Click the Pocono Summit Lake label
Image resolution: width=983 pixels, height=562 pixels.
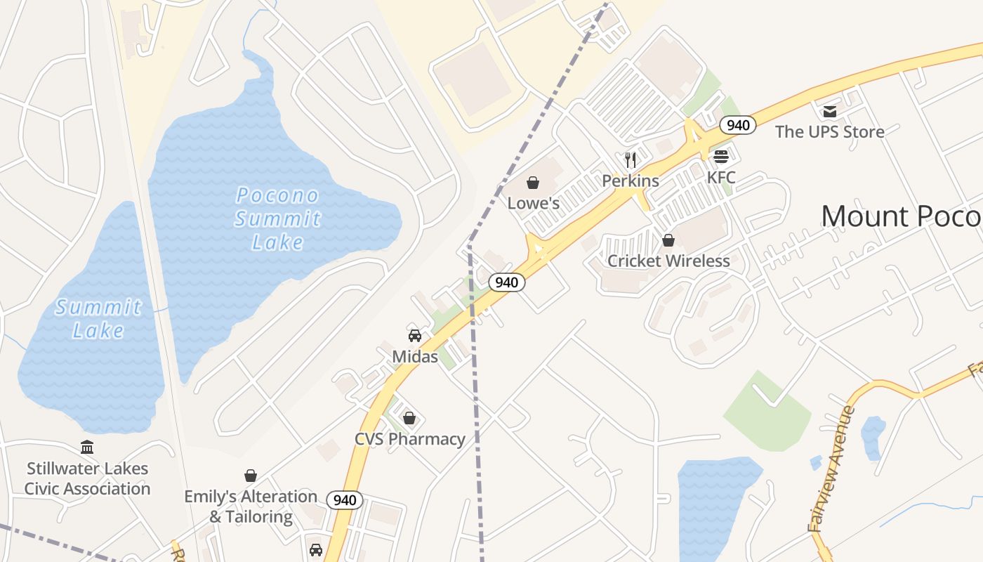(277, 218)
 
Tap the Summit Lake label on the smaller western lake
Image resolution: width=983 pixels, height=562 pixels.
(98, 318)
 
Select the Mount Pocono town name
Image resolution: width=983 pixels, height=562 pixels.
(902, 216)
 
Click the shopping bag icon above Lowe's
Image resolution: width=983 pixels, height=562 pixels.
(533, 183)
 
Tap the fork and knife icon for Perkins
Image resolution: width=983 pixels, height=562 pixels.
(631, 160)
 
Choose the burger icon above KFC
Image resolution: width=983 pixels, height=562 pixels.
(721, 156)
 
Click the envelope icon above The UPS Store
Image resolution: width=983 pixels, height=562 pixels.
(830, 111)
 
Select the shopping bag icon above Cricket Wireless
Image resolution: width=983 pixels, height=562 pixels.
(668, 240)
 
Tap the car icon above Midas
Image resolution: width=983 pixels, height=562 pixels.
(415, 335)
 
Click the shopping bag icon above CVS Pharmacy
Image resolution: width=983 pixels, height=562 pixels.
(409, 418)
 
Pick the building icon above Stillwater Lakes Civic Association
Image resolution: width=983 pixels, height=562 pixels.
(87, 447)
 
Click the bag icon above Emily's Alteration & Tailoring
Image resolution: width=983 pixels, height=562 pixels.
(251, 476)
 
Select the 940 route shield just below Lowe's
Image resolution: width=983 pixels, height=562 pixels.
(506, 282)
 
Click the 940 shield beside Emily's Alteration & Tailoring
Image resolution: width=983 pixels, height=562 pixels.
(345, 500)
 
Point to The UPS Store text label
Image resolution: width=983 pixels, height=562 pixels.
(829, 131)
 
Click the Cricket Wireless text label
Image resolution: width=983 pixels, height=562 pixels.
(668, 261)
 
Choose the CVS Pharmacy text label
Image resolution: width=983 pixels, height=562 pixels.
(409, 439)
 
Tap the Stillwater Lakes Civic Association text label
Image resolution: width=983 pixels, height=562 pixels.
(87, 478)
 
